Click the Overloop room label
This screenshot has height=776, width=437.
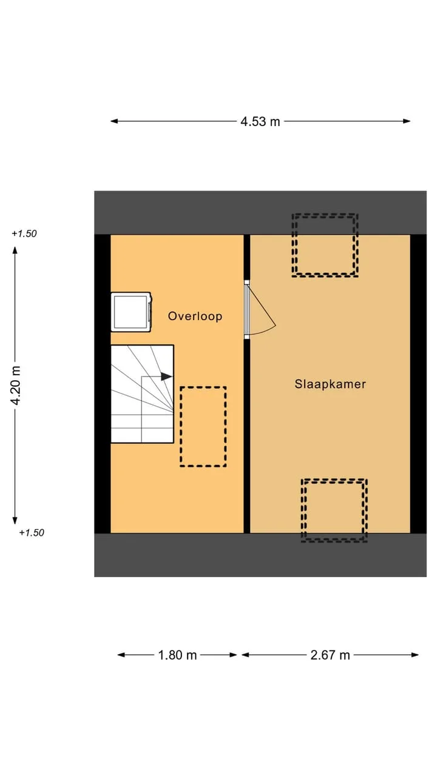coord(195,316)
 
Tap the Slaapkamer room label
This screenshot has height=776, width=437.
coord(330,384)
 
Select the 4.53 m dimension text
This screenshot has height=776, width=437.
coord(260,122)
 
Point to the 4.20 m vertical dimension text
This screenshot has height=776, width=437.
coord(16,385)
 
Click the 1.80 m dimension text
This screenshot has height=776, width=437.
coord(177,655)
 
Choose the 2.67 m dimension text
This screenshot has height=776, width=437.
coord(330,655)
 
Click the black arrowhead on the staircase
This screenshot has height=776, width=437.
coord(166,376)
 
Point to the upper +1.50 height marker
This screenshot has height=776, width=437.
coord(24,233)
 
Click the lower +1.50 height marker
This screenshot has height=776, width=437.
coord(32,532)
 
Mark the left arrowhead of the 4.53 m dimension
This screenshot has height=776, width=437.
coord(114,121)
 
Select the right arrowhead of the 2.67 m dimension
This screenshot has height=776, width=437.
coord(415,655)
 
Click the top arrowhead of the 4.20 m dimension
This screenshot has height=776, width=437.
coord(15,250)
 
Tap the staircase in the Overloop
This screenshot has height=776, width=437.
coord(142,394)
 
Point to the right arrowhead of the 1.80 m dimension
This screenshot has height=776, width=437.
coord(232,655)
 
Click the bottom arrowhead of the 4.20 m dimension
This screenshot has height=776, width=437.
coord(15,520)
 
